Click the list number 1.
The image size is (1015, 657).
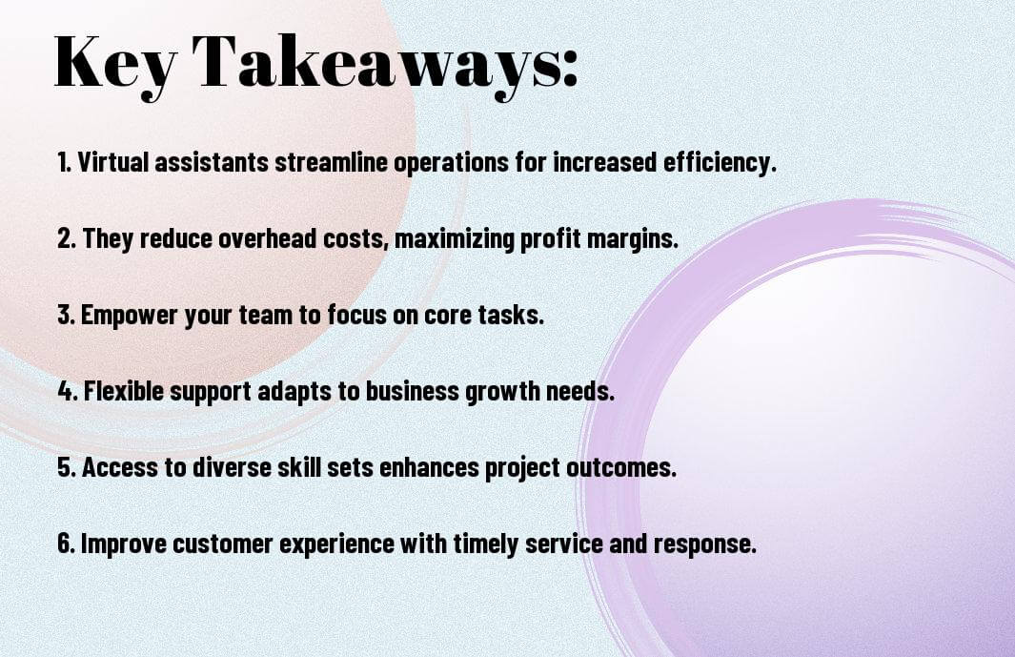pyautogui.click(x=64, y=162)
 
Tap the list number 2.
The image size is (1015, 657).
pyautogui.click(x=66, y=238)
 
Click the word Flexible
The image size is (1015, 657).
pyautogui.click(x=124, y=391)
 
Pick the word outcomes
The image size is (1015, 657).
pyautogui.click(x=621, y=468)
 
